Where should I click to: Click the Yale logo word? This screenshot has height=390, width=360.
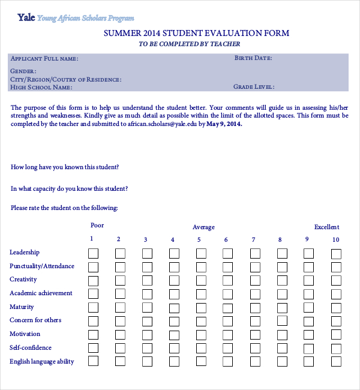(26, 17)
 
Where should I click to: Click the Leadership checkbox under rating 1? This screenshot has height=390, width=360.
(94, 253)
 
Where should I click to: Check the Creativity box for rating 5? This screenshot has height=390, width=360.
(201, 280)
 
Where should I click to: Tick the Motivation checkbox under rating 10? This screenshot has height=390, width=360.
(336, 335)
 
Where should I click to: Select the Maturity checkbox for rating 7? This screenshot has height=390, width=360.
(255, 308)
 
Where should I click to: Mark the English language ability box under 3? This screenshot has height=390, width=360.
(147, 362)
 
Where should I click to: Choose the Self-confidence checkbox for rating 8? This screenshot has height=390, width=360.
(282, 349)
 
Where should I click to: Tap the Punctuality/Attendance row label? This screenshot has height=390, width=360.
(42, 266)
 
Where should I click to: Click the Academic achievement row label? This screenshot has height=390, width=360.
(41, 293)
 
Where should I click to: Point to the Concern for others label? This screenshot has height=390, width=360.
(35, 320)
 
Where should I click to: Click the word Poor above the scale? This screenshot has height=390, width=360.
(97, 226)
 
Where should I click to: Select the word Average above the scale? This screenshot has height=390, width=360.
(203, 227)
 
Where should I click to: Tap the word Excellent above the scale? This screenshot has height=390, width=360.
(326, 227)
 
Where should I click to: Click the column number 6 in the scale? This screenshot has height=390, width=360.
(226, 240)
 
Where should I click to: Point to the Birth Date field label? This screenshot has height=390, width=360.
(253, 58)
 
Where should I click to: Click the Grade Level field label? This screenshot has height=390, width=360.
(254, 87)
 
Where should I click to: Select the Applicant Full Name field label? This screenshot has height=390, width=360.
(44, 59)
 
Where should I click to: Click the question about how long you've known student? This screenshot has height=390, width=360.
(65, 167)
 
